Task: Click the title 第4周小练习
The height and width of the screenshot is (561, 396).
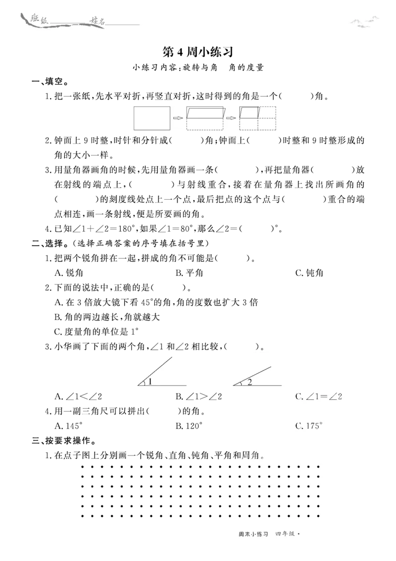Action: click(x=198, y=52)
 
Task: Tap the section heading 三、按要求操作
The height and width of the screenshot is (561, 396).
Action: click(x=64, y=441)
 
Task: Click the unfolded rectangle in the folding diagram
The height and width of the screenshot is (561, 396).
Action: click(x=152, y=118)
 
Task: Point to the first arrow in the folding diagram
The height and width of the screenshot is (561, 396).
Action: click(x=178, y=118)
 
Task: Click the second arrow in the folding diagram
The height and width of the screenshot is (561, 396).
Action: click(x=231, y=118)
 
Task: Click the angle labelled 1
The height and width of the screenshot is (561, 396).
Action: click(x=161, y=372)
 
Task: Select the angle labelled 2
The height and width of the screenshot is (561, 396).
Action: click(x=257, y=376)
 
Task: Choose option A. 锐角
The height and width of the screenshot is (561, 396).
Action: click(x=69, y=273)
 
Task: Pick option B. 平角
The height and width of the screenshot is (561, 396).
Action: click(x=189, y=273)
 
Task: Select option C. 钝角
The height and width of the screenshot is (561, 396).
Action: click(x=309, y=273)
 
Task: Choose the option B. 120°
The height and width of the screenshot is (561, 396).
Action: click(x=189, y=426)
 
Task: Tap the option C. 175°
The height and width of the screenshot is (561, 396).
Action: click(x=309, y=426)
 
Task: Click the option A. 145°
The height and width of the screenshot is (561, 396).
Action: click(x=69, y=426)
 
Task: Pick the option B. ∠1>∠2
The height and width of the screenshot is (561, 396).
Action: click(x=198, y=396)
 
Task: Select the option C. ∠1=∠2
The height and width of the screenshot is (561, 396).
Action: click(x=319, y=396)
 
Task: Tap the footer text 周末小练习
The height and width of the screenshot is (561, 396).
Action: click(x=253, y=534)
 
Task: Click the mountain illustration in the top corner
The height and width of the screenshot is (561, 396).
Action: click(x=364, y=22)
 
